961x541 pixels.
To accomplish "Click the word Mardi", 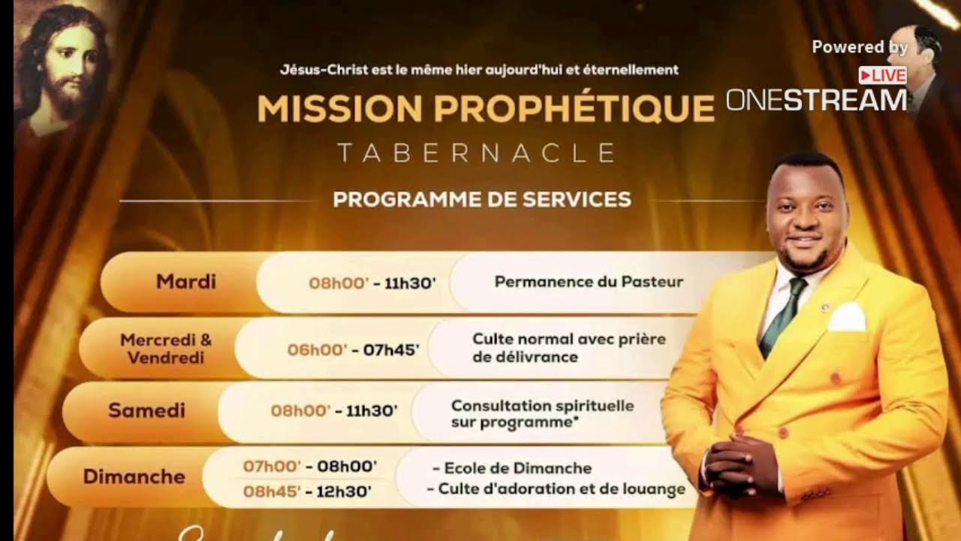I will [185, 282].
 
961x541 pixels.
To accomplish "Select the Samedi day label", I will [146, 410].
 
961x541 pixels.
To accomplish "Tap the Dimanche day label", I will [134, 476].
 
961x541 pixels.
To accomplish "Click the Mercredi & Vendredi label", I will [166, 348].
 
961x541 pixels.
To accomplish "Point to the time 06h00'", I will [317, 349].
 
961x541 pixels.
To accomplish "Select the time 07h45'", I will [391, 349].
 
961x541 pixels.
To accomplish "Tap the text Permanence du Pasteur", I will [589, 282].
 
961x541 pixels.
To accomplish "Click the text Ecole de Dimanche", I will [517, 468].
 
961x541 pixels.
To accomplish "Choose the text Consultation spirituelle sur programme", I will [542, 414].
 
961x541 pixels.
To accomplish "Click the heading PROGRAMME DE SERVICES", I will [481, 199].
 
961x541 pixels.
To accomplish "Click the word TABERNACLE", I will [476, 153].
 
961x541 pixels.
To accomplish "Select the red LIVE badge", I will [882, 75].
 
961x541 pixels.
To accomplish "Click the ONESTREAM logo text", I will [816, 100].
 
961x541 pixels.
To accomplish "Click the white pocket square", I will [847, 317].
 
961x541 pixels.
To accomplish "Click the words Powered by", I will [860, 47].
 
